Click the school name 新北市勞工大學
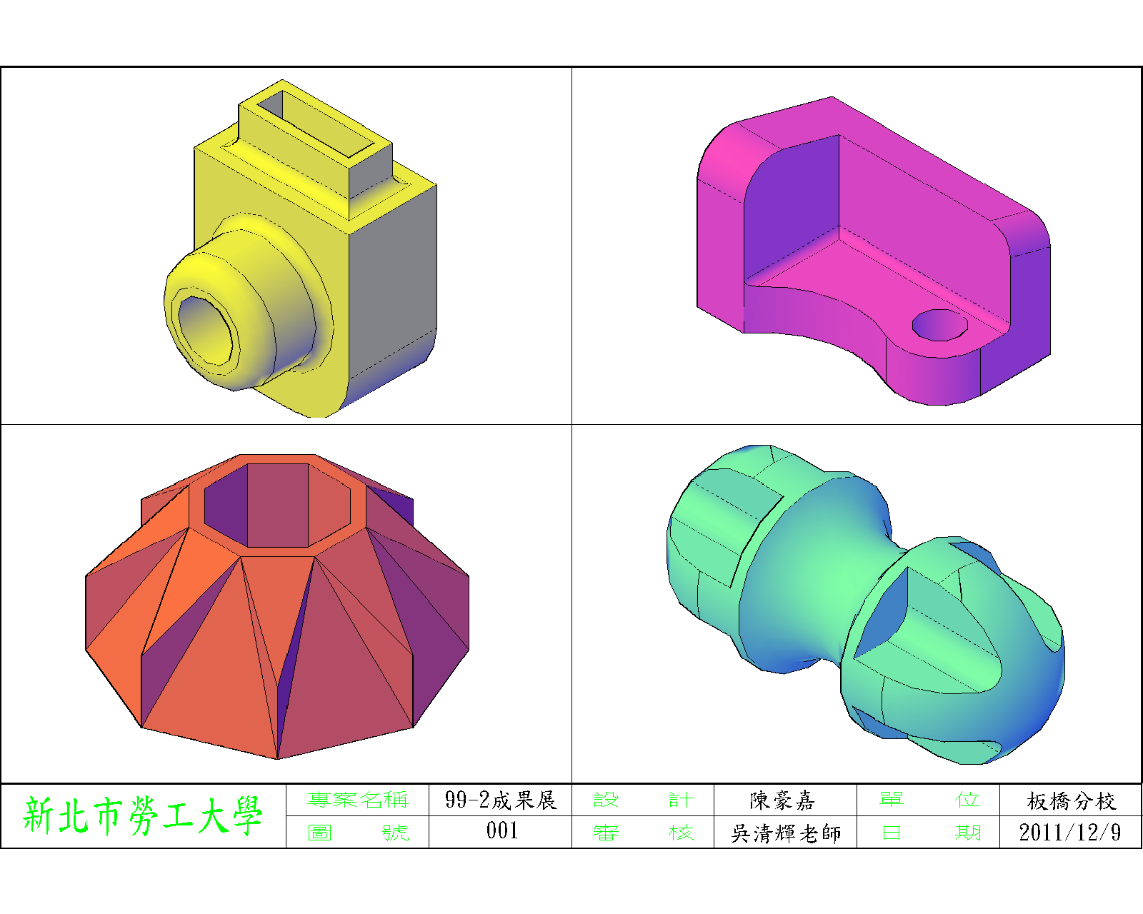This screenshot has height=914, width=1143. tap(142, 815)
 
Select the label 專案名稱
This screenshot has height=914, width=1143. tap(357, 799)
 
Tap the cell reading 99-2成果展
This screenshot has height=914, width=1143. tap(500, 800)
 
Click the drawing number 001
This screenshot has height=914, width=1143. tap(501, 830)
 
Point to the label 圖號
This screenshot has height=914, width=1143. tap(358, 832)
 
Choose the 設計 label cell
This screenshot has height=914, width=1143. tap(644, 799)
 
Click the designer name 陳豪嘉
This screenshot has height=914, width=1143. tap(782, 800)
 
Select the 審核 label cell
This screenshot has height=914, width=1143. tap(644, 832)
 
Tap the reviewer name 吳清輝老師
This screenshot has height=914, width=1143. tap(786, 833)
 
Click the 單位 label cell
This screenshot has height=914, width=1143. tap(929, 799)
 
